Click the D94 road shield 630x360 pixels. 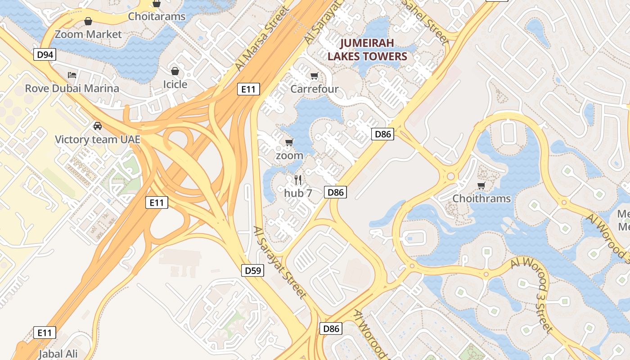click(x=45, y=55)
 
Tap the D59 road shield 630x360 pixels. click(x=252, y=270)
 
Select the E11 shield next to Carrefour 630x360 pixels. click(x=248, y=89)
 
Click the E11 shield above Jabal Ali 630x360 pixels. click(x=45, y=333)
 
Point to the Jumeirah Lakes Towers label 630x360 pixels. click(x=367, y=49)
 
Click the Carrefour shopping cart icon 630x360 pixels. click(x=314, y=76)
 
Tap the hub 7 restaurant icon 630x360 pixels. click(x=298, y=180)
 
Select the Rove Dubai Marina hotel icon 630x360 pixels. click(x=72, y=75)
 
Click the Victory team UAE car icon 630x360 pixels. click(x=98, y=126)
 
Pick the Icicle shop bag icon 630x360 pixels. click(x=175, y=71)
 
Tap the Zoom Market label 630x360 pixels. click(x=88, y=34)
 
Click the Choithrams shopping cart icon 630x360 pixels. click(x=481, y=185)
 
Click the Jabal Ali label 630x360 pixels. click(x=58, y=353)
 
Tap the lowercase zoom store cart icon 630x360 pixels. click(x=289, y=143)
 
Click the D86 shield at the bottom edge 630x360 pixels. click(x=331, y=328)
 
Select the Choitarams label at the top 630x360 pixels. click(x=157, y=17)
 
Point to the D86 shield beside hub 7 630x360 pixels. click(x=336, y=192)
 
